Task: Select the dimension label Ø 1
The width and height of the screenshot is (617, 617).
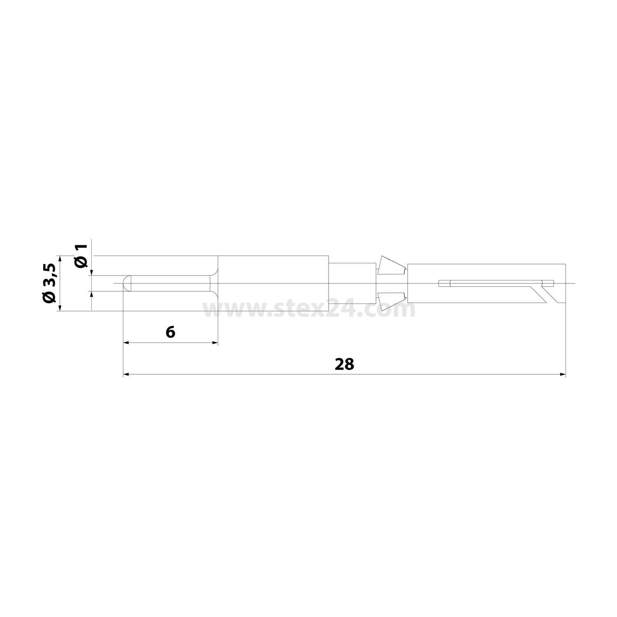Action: [x=81, y=256]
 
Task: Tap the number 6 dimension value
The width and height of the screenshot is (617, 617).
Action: [x=170, y=332]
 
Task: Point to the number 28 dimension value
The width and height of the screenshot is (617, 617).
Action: [x=344, y=364]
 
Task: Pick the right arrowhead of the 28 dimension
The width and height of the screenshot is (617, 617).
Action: [x=563, y=374]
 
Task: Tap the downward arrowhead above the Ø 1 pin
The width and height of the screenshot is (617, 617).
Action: [x=92, y=272]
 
